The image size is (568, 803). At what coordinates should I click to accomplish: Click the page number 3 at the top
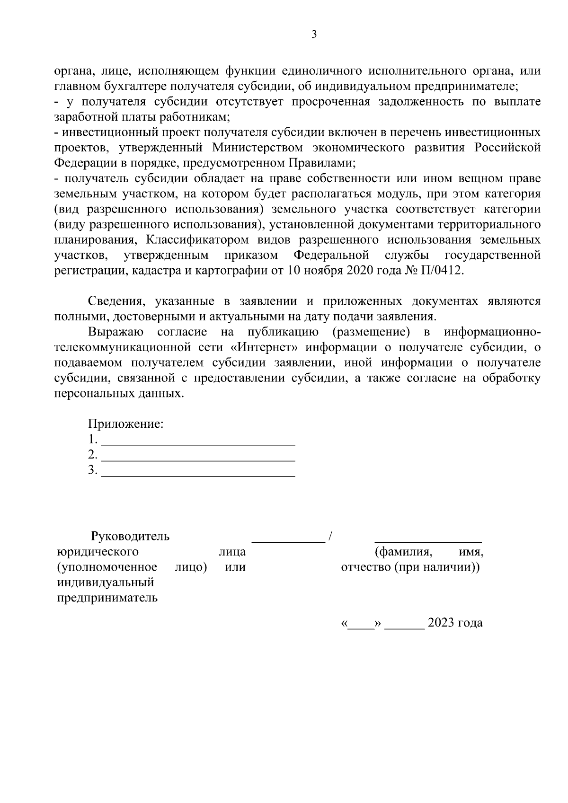(314, 35)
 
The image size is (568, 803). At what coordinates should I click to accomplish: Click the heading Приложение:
(126, 424)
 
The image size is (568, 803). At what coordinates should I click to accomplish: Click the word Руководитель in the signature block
(130, 537)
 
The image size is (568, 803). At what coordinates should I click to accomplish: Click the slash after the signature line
(331, 537)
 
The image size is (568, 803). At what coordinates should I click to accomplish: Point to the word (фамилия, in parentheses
(403, 552)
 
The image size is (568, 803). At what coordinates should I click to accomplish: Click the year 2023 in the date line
(440, 623)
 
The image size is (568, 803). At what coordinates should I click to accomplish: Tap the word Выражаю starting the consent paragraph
(116, 332)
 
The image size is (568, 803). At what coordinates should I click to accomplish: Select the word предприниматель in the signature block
(107, 598)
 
